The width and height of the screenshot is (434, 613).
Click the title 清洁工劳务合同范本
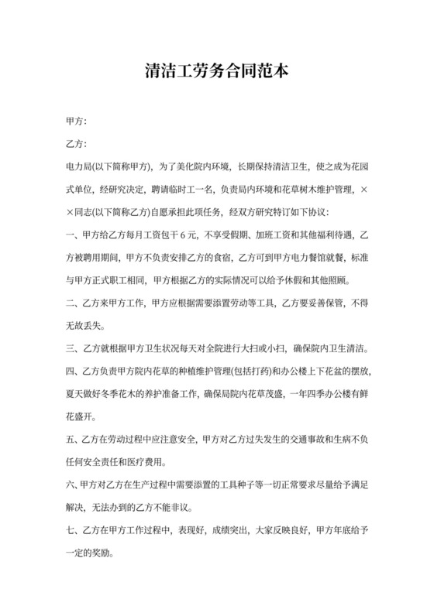pos(217,72)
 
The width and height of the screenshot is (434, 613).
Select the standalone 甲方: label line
pos(77,122)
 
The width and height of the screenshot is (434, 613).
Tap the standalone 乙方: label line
pos(77,144)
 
